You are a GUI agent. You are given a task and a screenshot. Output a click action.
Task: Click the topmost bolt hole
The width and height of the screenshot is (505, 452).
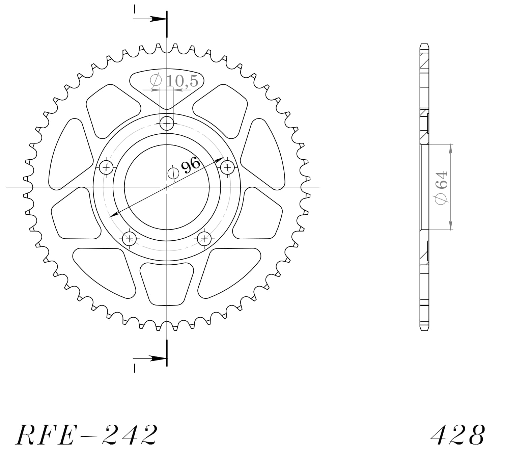[x=167, y=123]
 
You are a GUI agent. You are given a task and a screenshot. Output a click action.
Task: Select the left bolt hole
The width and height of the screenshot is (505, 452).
[x=107, y=167]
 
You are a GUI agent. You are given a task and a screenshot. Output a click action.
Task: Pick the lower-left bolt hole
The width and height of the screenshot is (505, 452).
[x=129, y=239]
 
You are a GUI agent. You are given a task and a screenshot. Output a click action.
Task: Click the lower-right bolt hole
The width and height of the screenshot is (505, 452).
[x=204, y=239]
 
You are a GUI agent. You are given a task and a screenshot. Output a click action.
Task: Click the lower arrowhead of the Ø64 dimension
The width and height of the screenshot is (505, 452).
[x=450, y=226]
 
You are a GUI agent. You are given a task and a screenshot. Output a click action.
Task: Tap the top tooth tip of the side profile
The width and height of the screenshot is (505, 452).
[x=424, y=45]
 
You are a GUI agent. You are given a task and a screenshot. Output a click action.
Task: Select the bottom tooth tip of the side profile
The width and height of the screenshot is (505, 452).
[x=424, y=329]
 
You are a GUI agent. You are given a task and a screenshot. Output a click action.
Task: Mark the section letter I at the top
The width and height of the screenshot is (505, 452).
[x=134, y=9]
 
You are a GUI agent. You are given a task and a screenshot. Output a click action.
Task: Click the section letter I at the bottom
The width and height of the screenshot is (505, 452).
[x=134, y=368]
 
